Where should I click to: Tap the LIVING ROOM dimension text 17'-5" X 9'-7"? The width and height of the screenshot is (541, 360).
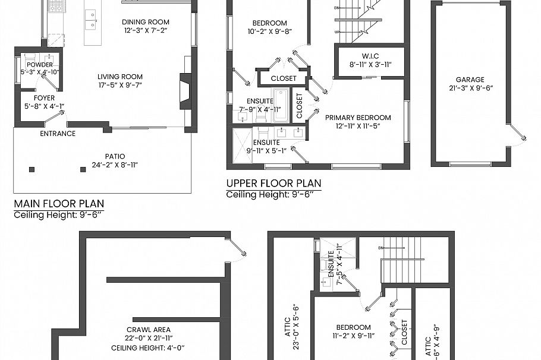120,85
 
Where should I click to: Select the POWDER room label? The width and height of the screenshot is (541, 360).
40,65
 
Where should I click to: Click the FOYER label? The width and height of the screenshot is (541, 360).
44,98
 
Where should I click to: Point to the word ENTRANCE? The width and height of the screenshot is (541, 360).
58,134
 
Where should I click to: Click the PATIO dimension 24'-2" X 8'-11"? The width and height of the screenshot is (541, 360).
115,165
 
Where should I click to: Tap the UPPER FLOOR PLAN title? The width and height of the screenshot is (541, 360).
273,183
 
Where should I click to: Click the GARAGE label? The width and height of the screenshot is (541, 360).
470,80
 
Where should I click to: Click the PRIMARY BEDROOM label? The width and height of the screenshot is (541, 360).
358,118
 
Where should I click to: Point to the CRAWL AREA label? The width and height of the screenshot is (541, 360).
148,330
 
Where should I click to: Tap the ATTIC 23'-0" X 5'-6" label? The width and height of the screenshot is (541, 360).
291,321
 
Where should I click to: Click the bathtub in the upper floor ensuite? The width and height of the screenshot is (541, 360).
280,105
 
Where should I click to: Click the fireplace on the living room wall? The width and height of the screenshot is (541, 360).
185,91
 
